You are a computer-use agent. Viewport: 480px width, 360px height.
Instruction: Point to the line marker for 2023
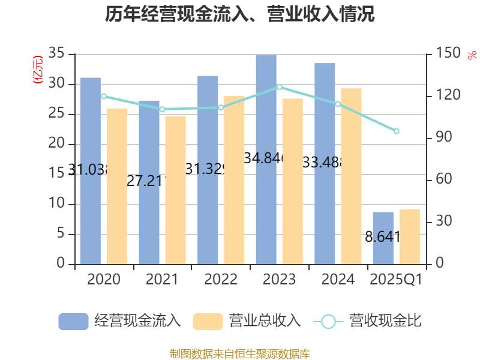[x=280, y=87]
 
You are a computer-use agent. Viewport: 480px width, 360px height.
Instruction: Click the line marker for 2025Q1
[x=397, y=131]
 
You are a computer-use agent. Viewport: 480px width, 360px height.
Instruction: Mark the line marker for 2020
[x=104, y=96]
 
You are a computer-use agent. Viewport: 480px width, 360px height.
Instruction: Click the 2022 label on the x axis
[x=221, y=280]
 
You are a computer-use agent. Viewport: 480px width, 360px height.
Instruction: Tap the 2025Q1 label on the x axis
[x=397, y=280]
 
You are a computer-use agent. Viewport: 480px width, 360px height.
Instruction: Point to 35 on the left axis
[x=56, y=54]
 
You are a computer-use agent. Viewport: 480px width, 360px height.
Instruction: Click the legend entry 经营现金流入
[x=119, y=321]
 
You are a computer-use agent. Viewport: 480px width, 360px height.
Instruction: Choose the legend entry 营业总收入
[x=247, y=321]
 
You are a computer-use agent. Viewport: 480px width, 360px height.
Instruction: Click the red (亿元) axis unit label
[x=38, y=70]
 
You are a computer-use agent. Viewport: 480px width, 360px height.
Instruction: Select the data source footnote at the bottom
[x=240, y=353]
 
